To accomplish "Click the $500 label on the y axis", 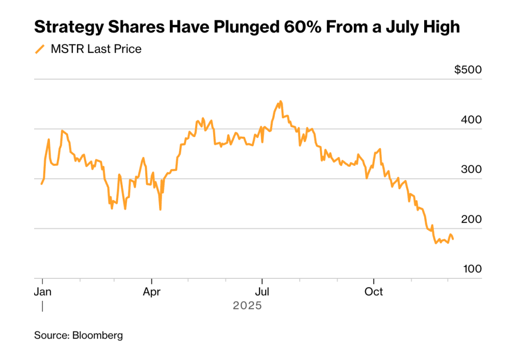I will (x=468, y=70).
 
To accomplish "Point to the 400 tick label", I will (x=472, y=120).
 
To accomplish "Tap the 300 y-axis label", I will (x=472, y=169).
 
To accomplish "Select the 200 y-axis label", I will (x=472, y=219).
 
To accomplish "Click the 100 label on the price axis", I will (x=472, y=269).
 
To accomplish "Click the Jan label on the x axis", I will (x=42, y=292).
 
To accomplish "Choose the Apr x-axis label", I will (x=152, y=292).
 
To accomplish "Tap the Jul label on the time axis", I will (x=262, y=292).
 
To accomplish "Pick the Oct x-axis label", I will (x=374, y=292).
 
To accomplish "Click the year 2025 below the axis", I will (x=247, y=306).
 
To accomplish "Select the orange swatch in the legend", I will (x=40, y=49).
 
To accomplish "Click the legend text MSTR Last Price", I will (x=96, y=49).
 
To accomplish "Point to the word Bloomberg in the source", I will (x=97, y=336).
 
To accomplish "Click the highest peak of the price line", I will (x=281, y=101).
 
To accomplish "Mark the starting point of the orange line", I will (x=42, y=184).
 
